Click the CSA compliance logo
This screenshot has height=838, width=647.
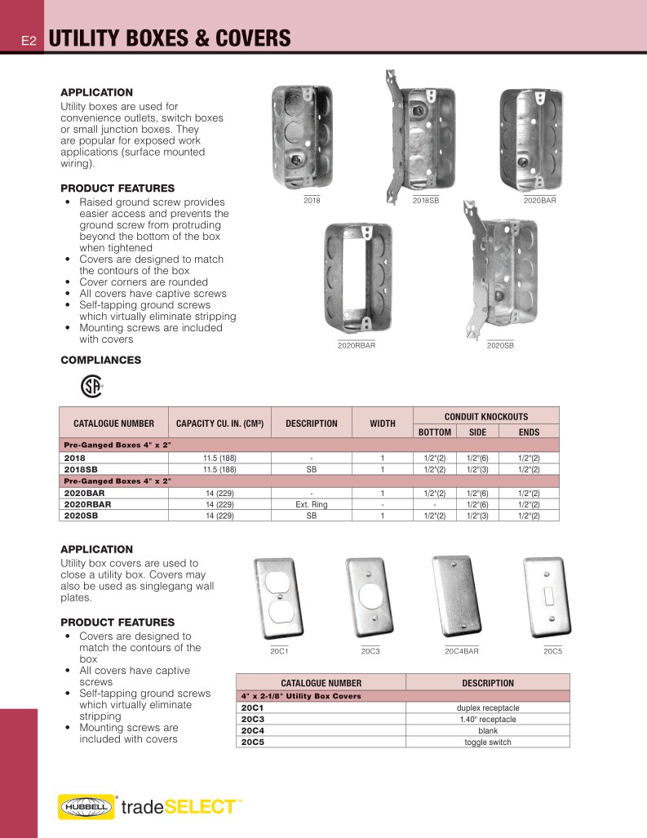tap(91, 385)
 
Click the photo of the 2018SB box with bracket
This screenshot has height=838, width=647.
tap(416, 135)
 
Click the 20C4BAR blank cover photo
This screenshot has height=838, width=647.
tap(461, 597)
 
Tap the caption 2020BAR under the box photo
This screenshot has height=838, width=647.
tap(539, 200)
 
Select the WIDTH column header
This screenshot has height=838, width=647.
tap(383, 423)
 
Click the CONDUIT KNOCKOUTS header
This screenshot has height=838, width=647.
tap(485, 416)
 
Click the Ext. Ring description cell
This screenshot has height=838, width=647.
tap(312, 505)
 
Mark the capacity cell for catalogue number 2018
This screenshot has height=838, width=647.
tap(219, 459)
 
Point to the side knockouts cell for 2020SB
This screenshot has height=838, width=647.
tap(472, 516)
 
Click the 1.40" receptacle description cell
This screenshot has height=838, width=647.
tap(487, 719)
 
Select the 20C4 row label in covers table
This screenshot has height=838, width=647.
tap(252, 730)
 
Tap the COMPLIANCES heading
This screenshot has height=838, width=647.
tap(100, 360)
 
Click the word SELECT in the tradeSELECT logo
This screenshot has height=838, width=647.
tap(199, 807)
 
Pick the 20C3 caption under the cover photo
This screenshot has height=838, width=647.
tap(370, 651)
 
